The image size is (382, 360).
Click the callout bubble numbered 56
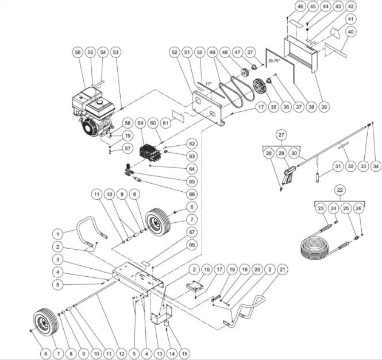pyautogui.click(x=78, y=52)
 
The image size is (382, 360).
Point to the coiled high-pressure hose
pyautogui.click(x=322, y=246)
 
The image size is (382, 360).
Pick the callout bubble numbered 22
pyautogui.click(x=340, y=190)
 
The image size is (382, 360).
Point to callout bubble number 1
pyautogui.click(x=57, y=234)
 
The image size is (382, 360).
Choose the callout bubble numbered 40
pyautogui.click(x=349, y=32)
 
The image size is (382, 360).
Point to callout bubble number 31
pyautogui.click(x=338, y=167)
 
